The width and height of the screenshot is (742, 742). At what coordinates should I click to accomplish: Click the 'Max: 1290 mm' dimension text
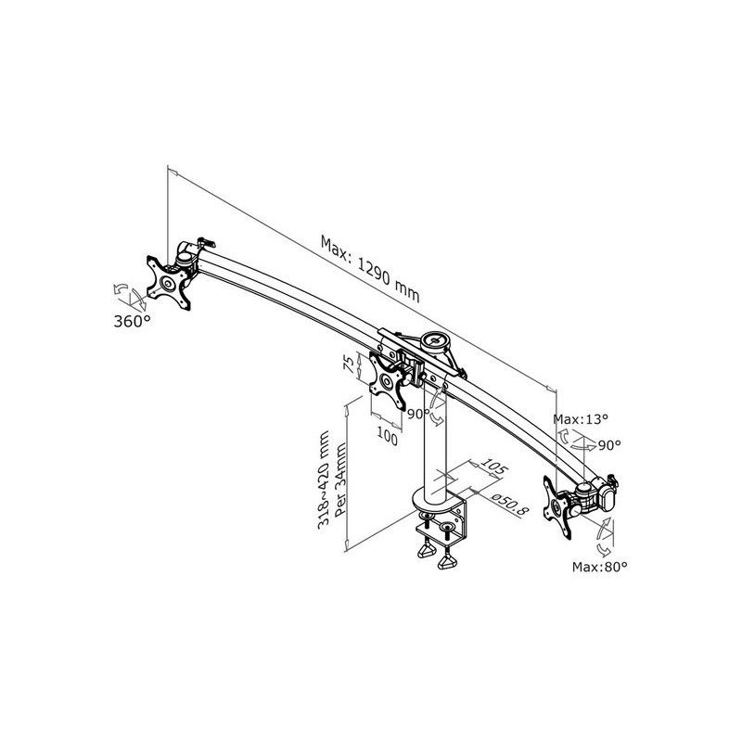pos(370,268)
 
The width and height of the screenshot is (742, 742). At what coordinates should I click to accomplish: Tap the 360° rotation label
pos(133,321)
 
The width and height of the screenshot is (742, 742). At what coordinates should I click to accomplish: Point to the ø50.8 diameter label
pos(507,502)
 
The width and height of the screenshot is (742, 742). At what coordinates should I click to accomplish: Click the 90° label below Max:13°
pos(608,445)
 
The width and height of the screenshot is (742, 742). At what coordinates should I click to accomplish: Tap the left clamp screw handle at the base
pos(427,552)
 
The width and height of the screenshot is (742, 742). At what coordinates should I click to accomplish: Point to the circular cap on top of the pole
pos(433,340)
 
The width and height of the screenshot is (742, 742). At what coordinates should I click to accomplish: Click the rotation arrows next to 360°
pos(126,296)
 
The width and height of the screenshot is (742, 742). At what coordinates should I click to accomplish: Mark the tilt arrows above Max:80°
pos(604,536)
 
